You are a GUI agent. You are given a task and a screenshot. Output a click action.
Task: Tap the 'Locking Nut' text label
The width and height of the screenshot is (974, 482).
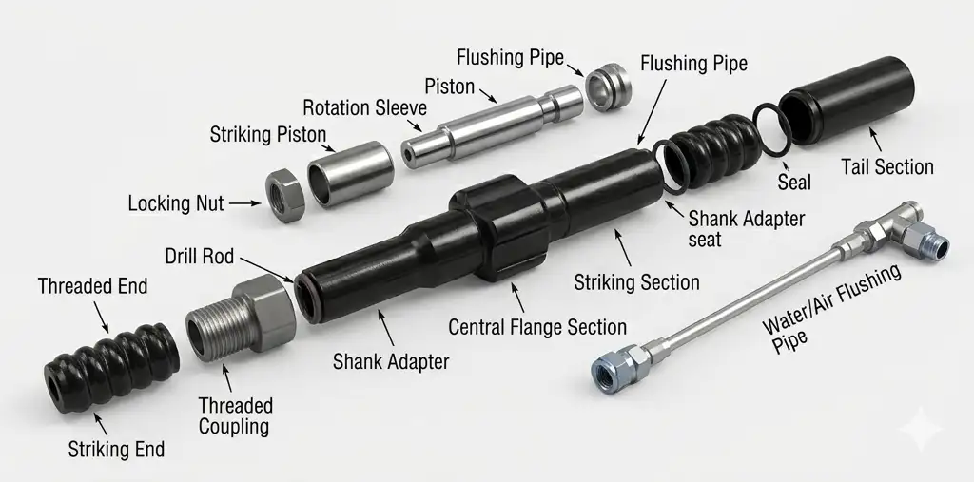click(x=175, y=202)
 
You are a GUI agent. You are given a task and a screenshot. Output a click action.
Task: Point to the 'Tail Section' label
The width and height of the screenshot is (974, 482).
click(x=887, y=167)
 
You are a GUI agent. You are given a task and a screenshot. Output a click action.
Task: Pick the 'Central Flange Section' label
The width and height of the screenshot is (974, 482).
click(x=537, y=327)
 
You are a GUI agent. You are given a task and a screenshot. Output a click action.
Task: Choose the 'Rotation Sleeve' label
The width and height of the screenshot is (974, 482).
click(x=364, y=107)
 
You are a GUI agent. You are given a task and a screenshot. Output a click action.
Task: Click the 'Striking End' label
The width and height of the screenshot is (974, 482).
click(x=116, y=449)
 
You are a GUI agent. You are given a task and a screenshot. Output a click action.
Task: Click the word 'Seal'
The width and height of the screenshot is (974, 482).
click(x=794, y=181)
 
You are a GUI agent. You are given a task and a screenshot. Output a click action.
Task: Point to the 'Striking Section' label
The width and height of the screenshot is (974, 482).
click(x=636, y=282)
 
